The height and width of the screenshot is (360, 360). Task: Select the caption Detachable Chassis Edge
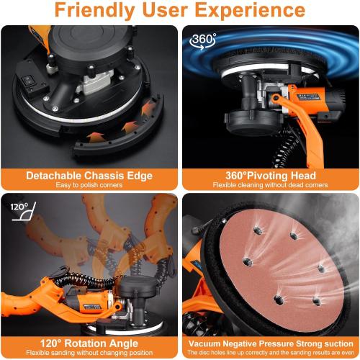[89, 175]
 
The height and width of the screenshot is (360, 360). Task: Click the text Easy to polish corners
[89, 185]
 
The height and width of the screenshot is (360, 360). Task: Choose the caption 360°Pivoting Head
[271, 175]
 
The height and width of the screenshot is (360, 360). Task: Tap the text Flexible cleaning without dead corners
[271, 185]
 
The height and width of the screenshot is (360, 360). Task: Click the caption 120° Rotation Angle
[89, 343]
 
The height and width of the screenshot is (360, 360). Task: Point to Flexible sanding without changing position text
[89, 353]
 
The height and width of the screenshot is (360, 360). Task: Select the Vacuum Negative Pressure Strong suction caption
[271, 343]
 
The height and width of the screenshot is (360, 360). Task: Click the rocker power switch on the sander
[31, 84]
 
